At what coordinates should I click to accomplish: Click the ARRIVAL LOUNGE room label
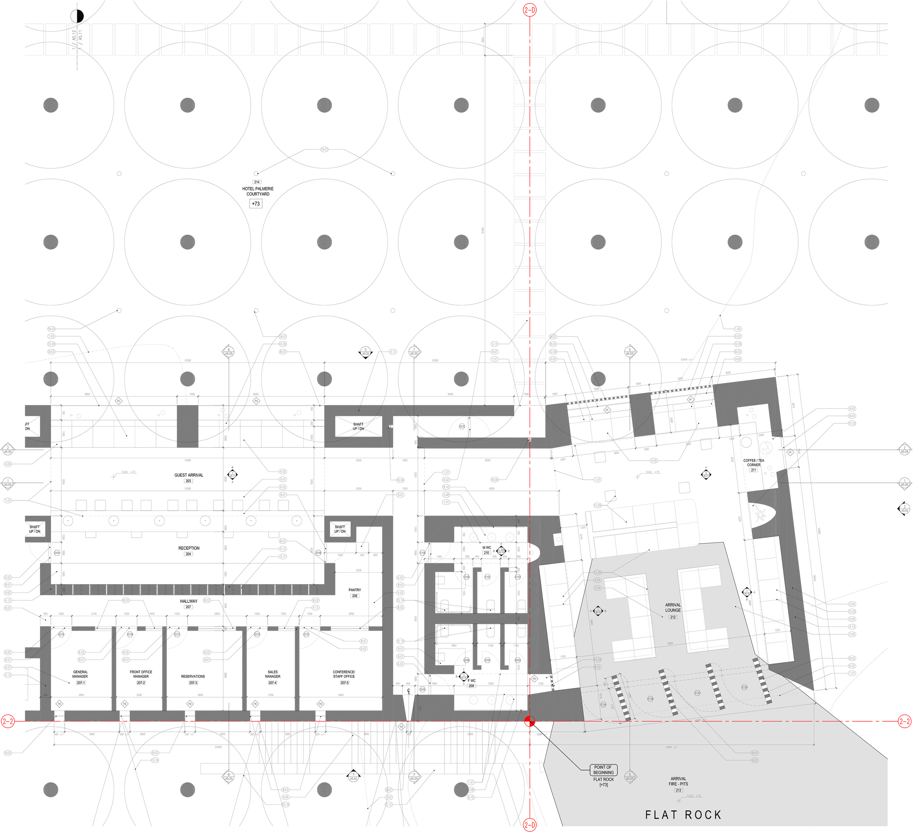(x=673, y=607)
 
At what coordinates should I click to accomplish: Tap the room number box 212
(x=673, y=617)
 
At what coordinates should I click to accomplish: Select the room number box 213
(x=678, y=790)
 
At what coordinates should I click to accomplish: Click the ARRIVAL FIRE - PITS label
(x=678, y=781)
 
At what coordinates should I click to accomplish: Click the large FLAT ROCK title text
(x=683, y=814)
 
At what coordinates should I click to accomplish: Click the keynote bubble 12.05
(x=597, y=572)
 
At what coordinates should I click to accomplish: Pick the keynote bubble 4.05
(x=597, y=580)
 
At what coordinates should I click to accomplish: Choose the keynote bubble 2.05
(x=597, y=588)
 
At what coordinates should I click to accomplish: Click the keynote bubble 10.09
(x=597, y=659)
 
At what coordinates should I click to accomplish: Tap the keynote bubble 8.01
(x=755, y=753)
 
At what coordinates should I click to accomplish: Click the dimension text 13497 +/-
(x=671, y=747)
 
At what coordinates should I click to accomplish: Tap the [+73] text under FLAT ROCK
(x=604, y=785)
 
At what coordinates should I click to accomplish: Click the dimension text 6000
(x=591, y=622)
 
